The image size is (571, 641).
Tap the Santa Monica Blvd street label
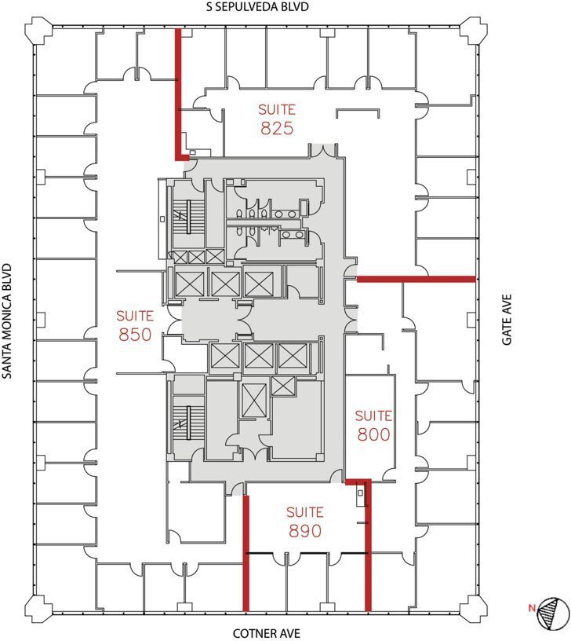[8, 320]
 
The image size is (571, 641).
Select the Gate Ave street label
[507, 320]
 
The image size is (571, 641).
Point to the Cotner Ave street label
[267, 633]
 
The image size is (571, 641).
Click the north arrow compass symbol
[554, 613]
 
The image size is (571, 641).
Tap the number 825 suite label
[278, 128]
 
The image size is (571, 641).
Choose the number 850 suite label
[136, 335]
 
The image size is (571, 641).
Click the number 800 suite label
[373, 434]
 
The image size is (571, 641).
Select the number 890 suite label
[305, 531]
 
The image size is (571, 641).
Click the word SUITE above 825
[278, 108]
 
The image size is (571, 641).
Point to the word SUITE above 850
[136, 316]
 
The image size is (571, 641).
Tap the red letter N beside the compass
[532, 607]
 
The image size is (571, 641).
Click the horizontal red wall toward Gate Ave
[416, 279]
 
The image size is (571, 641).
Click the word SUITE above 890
[305, 511]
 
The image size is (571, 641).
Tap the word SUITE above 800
[373, 416]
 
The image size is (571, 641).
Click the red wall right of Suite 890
[369, 550]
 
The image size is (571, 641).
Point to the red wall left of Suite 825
[178, 90]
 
